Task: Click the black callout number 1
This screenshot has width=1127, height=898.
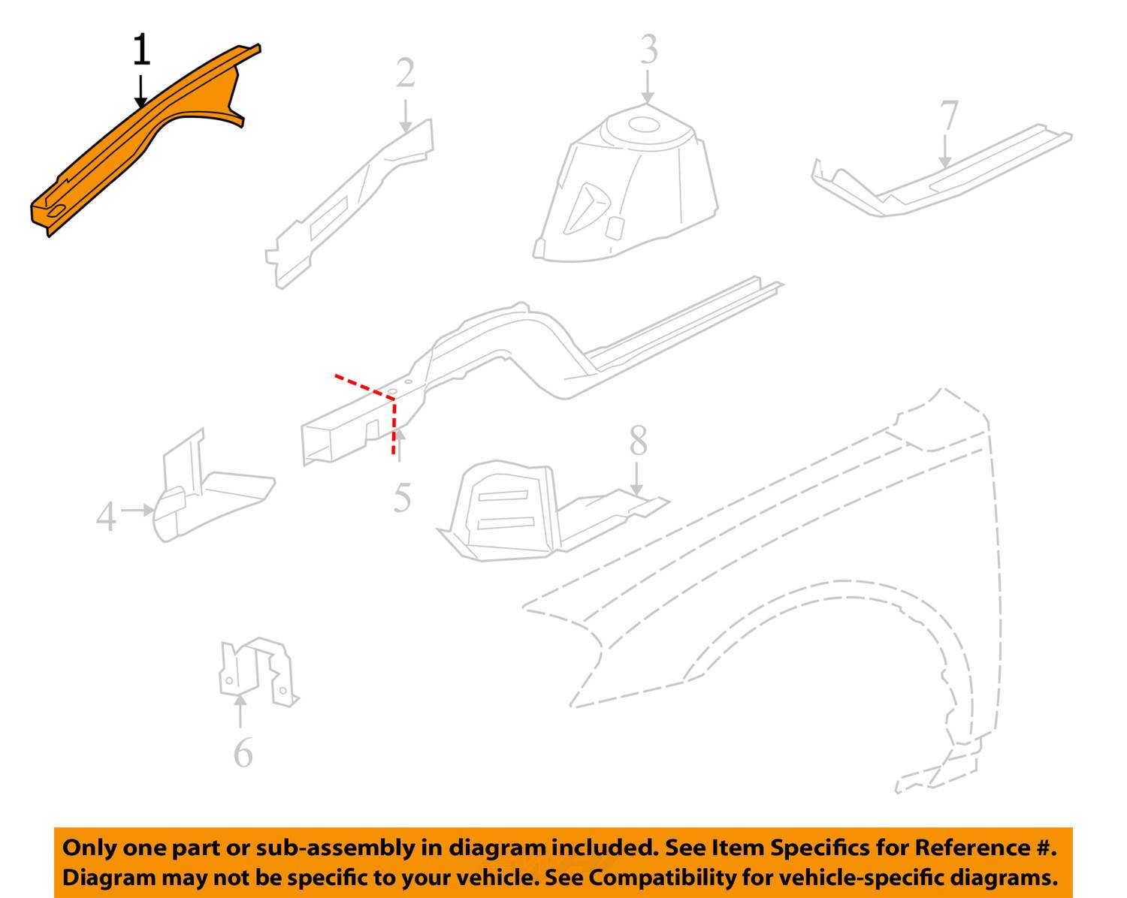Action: pos(142,50)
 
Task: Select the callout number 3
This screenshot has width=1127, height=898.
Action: pos(649,50)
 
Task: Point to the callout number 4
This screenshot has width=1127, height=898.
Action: pos(106,516)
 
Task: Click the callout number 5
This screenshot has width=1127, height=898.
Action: pos(402,498)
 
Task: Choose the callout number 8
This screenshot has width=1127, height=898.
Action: pos(638,440)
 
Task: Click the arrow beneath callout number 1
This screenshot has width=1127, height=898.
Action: pos(140,92)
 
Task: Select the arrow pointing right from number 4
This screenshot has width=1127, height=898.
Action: pos(137,509)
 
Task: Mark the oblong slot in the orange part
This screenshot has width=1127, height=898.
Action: pos(56,211)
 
